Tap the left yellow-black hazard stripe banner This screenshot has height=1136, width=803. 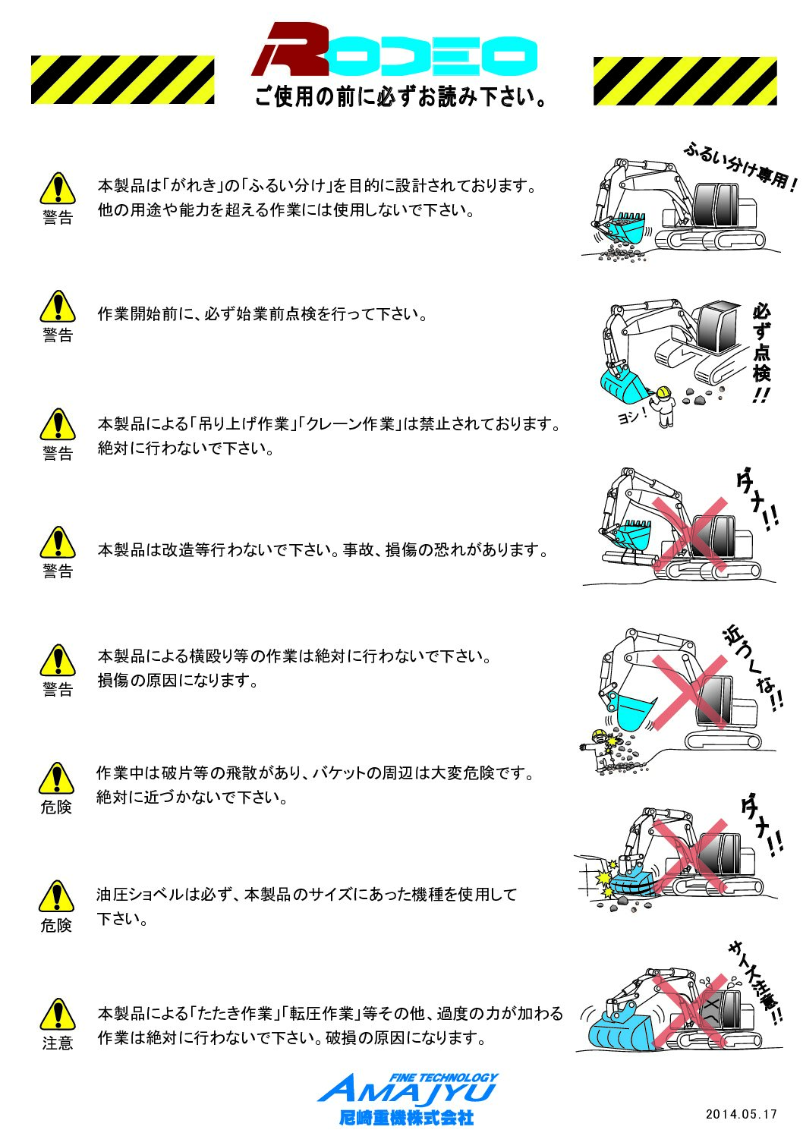(122, 80)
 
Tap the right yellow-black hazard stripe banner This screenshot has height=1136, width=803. (685, 80)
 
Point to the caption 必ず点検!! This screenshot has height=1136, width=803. (762, 353)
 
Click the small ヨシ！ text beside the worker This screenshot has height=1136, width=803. (631, 416)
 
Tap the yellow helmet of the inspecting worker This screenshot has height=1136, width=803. (663, 392)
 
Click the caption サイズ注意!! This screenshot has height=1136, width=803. (754, 983)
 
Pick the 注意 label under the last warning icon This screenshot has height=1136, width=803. (58, 1043)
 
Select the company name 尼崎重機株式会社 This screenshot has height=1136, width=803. (406, 1118)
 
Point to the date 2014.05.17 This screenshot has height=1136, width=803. (741, 1114)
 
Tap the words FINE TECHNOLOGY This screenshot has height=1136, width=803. (443, 1077)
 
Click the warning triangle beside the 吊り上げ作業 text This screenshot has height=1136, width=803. (58, 425)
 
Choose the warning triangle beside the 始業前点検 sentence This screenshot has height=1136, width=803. (58, 307)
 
